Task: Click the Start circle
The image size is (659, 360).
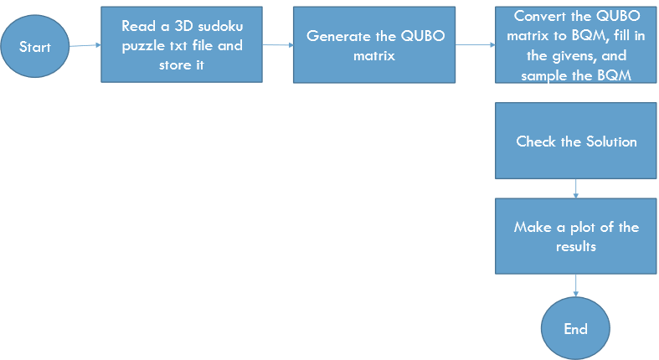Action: pyautogui.click(x=35, y=47)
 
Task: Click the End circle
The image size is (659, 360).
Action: pyautogui.click(x=575, y=328)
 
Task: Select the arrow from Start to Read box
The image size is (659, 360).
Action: pyautogui.click(x=85, y=46)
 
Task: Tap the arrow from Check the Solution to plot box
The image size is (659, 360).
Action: pyautogui.click(x=575, y=188)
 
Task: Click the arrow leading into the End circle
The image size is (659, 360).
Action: pyautogui.click(x=575, y=289)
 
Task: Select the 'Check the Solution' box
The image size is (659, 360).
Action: pyautogui.click(x=576, y=141)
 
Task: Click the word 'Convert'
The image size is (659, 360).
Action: pyautogui.click(x=538, y=17)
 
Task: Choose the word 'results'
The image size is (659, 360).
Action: pyautogui.click(x=576, y=248)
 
